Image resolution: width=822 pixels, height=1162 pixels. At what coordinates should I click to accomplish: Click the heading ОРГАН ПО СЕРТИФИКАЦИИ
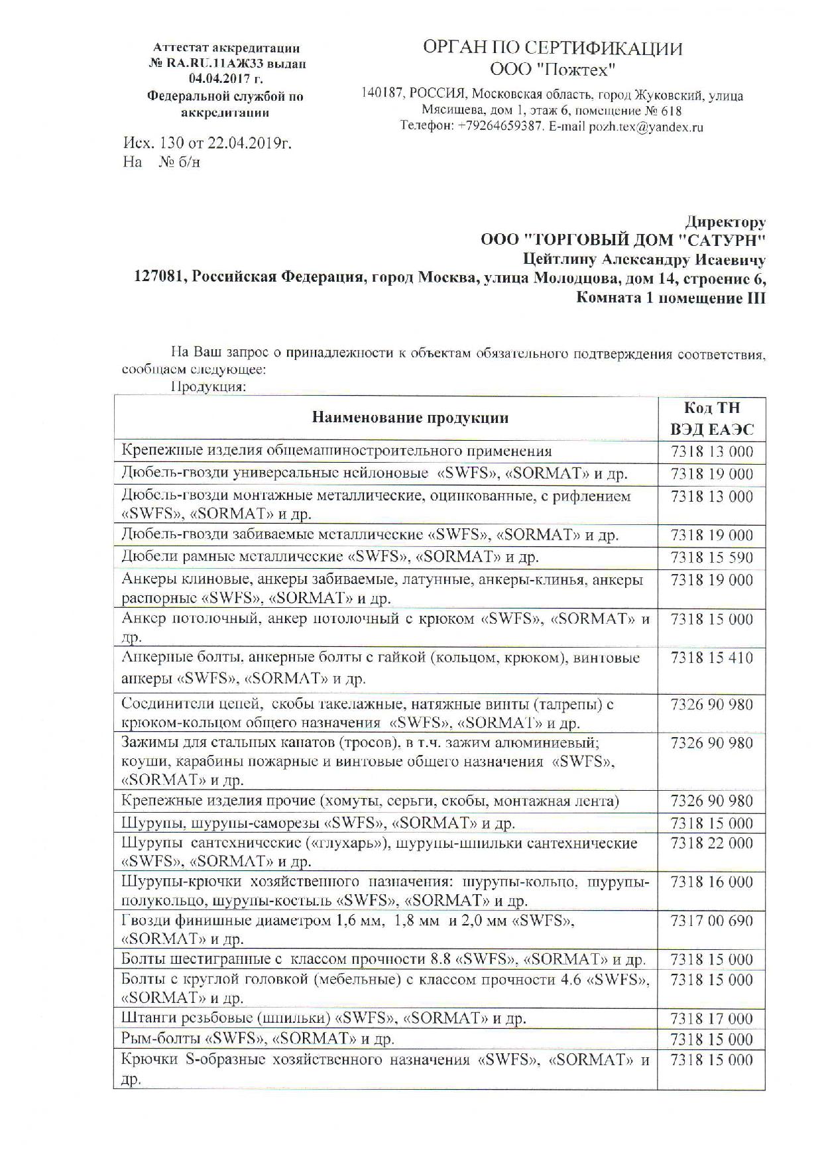552,48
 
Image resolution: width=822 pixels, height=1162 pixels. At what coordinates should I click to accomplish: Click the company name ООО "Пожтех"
553,70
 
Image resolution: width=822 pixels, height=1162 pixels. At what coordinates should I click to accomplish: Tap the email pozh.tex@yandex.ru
646,127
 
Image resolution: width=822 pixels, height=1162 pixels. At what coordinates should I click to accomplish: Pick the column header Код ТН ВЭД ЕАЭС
711,418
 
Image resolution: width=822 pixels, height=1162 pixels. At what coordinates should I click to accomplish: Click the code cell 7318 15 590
711,557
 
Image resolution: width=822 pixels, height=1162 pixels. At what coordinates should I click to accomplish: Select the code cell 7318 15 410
711,658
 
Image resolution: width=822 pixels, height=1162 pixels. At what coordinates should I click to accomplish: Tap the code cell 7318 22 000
711,843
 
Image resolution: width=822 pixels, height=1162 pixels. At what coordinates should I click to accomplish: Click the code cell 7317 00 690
711,921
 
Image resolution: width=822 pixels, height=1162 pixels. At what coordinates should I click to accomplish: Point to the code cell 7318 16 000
711,882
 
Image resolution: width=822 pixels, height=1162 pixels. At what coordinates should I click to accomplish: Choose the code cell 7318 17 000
711,1019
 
